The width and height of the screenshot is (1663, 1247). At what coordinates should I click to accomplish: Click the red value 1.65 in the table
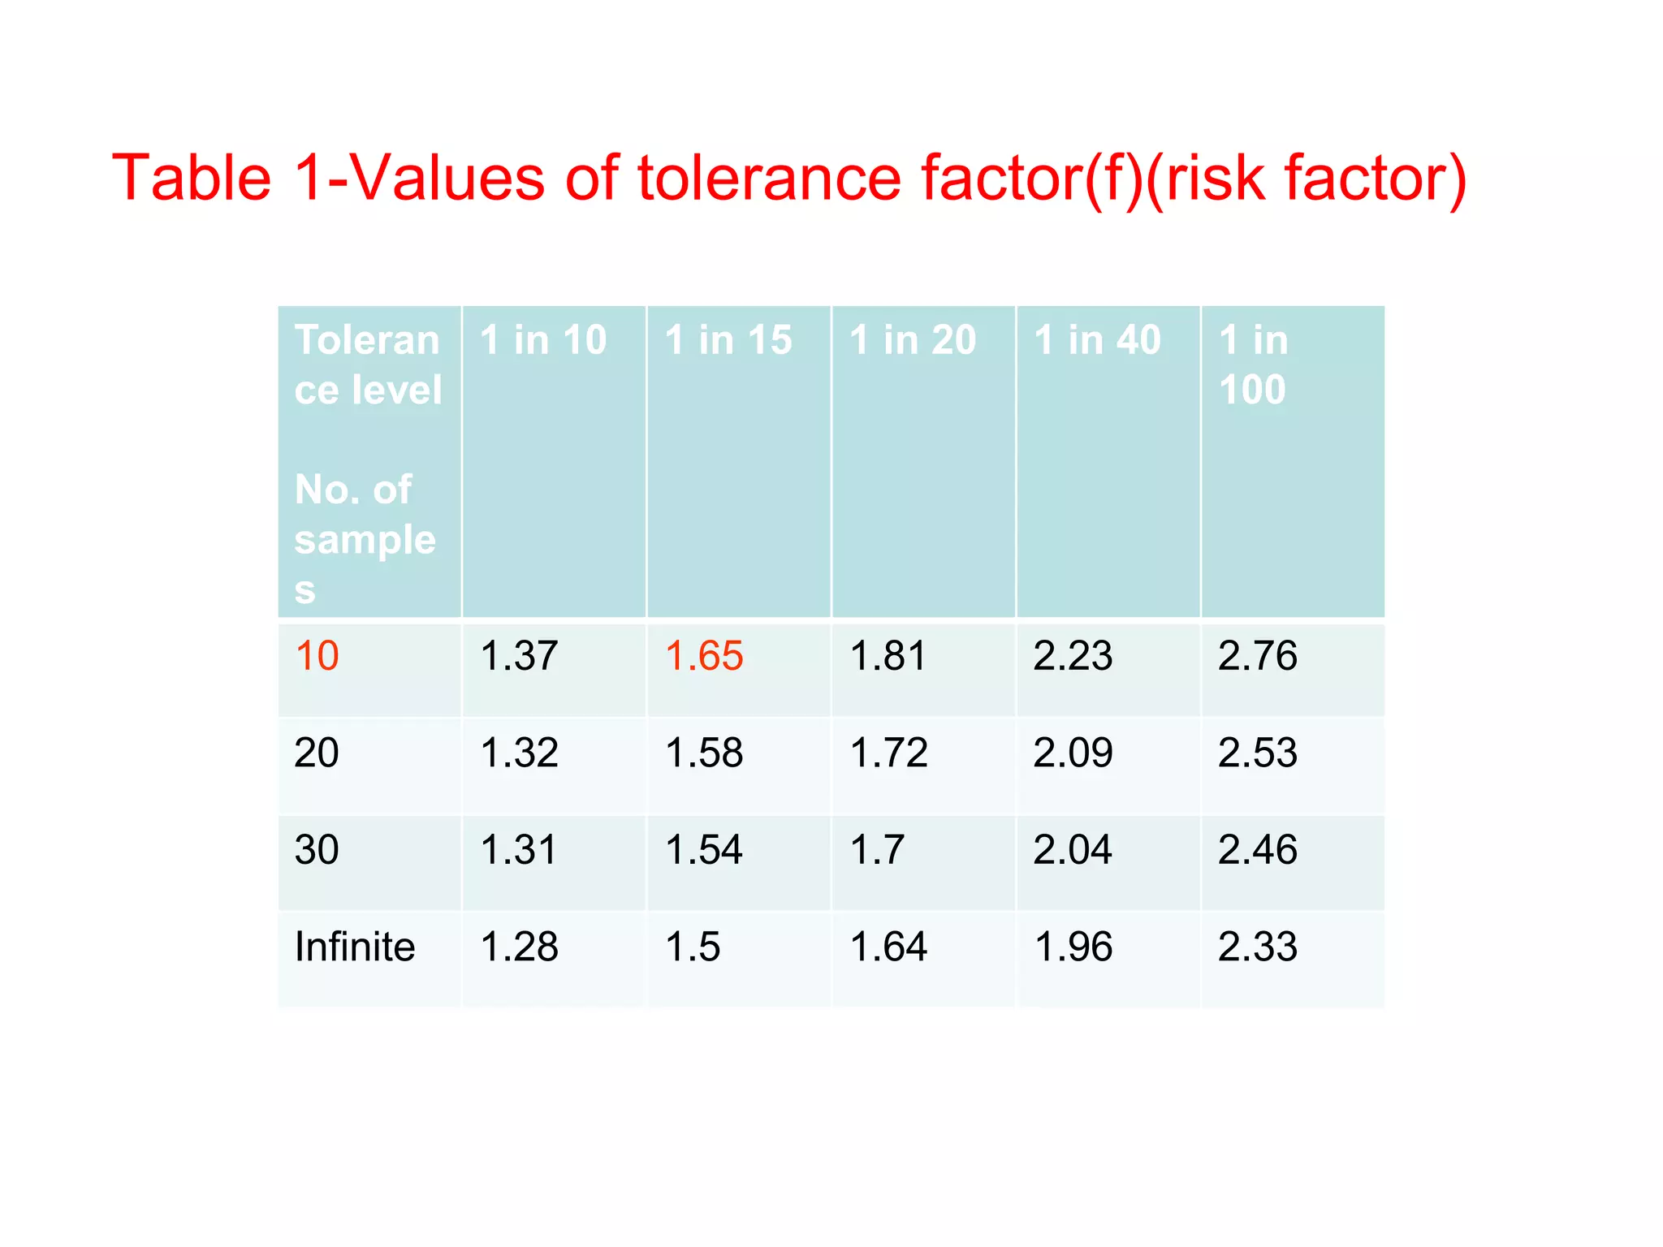(x=703, y=656)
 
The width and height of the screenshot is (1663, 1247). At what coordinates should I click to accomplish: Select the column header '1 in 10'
(x=543, y=340)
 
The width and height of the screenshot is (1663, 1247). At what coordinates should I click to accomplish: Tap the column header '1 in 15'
(x=728, y=340)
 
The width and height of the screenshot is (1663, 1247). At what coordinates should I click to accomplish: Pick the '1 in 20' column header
(x=913, y=340)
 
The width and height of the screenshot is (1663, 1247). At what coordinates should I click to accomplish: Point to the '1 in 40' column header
(x=1097, y=340)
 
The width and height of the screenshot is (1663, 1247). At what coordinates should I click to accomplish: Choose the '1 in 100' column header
(x=1254, y=365)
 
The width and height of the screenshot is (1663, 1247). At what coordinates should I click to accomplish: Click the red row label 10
(x=317, y=656)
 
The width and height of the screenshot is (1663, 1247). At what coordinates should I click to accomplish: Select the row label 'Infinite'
(x=355, y=947)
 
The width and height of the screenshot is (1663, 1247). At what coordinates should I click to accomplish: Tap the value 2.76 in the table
(x=1257, y=656)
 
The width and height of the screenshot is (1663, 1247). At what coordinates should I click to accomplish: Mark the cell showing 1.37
(x=519, y=656)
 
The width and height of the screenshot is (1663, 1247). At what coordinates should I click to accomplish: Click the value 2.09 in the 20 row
(x=1073, y=753)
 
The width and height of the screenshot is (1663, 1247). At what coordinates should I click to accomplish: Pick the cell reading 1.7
(x=877, y=850)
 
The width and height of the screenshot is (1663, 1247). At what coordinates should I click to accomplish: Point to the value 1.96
(x=1073, y=947)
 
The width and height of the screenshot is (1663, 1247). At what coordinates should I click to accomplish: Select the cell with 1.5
(x=693, y=947)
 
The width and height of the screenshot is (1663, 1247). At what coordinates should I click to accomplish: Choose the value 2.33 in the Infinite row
(x=1257, y=947)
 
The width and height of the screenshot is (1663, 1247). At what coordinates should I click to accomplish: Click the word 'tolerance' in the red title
(x=769, y=179)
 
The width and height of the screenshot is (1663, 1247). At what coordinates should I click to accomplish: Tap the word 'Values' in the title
(x=447, y=179)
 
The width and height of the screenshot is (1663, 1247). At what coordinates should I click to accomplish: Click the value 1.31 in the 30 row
(x=519, y=850)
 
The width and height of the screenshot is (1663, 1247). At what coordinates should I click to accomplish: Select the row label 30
(x=317, y=850)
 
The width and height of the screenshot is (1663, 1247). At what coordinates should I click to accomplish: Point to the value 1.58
(x=703, y=753)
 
